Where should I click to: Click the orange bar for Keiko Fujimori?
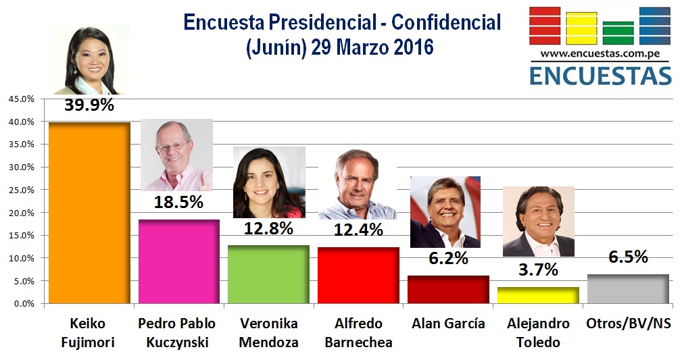[89, 213]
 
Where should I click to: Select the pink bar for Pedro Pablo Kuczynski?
[178, 261]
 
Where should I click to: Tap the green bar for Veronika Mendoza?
[269, 274]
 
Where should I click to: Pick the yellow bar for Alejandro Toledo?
[538, 295]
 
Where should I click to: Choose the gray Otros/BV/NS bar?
[628, 289]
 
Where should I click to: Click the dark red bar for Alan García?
[448, 290]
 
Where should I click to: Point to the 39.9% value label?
[89, 106]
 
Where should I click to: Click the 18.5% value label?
[178, 203]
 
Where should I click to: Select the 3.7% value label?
[539, 271]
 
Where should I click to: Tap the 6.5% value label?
[628, 257]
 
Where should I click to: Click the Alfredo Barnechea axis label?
[359, 332]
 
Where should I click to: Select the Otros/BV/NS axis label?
[629, 324]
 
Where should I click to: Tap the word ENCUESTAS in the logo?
[600, 74]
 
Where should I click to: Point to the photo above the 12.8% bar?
[269, 182]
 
